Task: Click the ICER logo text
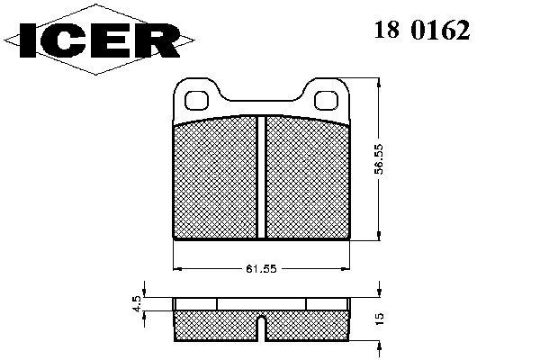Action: click(x=100, y=40)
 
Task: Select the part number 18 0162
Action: click(x=422, y=30)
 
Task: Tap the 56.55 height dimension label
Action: click(x=379, y=159)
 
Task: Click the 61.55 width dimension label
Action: click(x=261, y=269)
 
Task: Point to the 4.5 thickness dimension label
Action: click(x=136, y=304)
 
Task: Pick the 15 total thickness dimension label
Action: click(x=379, y=319)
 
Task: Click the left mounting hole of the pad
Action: click(x=197, y=101)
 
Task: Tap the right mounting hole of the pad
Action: click(x=327, y=101)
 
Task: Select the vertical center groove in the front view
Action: click(x=261, y=177)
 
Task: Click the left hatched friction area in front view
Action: click(x=216, y=178)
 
